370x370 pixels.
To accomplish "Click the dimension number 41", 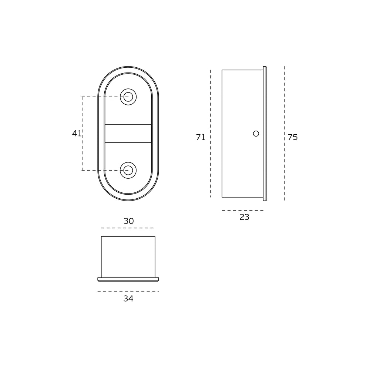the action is (x=77, y=134).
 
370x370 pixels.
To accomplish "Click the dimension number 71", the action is (x=201, y=137).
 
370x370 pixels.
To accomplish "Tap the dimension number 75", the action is (x=293, y=137).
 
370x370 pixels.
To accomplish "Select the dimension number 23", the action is (x=245, y=217).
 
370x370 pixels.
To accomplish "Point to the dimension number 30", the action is (x=129, y=221).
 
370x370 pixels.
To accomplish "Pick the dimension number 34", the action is (x=128, y=299).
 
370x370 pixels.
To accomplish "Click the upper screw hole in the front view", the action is (x=128, y=97).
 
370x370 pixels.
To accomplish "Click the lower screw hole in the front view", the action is (x=128, y=170).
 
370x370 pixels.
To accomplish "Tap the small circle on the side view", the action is (x=256, y=134).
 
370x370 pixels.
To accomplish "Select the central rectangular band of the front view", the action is (x=128, y=134).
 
